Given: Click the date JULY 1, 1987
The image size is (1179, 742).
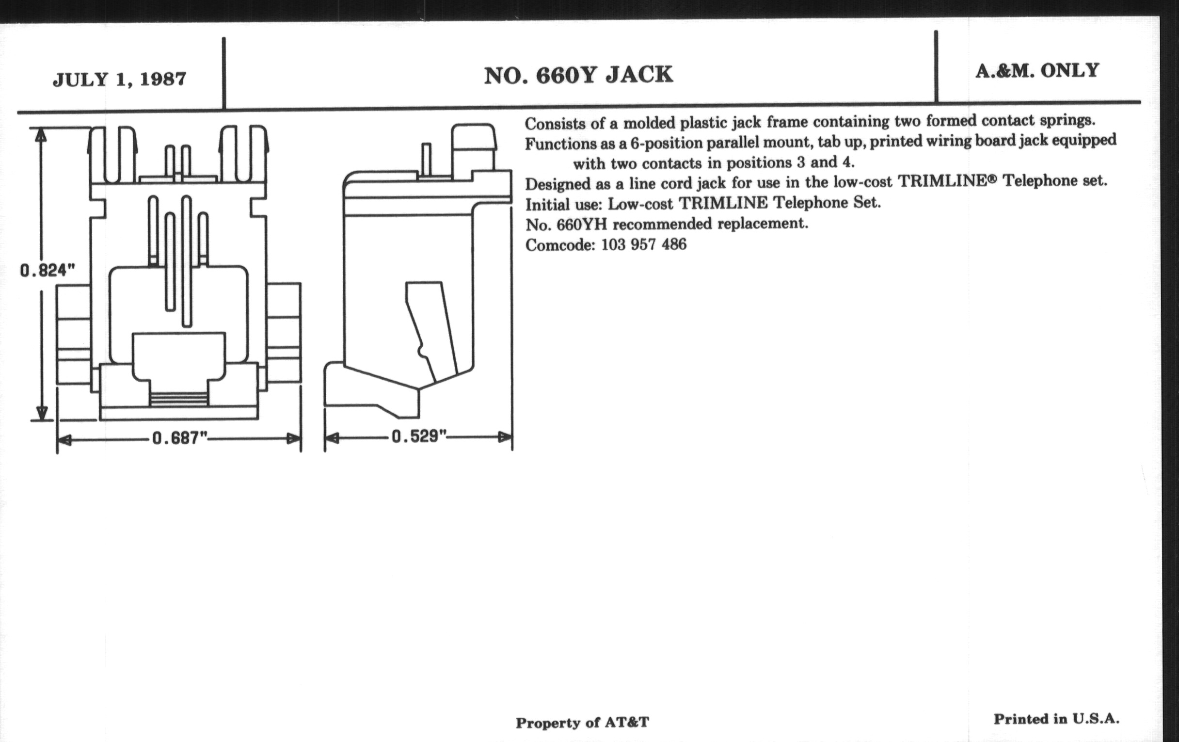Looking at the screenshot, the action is [x=119, y=80].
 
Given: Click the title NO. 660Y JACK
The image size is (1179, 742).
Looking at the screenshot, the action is [x=579, y=76].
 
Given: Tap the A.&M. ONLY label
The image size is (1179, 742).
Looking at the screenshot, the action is [x=1037, y=71].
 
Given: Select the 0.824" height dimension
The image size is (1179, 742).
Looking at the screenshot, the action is [x=48, y=270].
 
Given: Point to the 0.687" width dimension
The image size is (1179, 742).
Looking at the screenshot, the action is [x=180, y=437].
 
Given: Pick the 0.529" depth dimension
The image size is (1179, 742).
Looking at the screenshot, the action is [x=419, y=436].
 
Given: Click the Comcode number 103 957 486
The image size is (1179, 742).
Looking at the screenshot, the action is [x=643, y=244].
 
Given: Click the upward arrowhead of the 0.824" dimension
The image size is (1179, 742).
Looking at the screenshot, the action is [x=41, y=135].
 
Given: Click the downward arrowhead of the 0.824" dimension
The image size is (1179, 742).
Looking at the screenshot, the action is [x=42, y=413].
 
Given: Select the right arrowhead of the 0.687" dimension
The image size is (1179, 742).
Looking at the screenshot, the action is [x=294, y=438].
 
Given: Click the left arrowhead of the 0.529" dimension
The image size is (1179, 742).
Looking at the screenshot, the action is [x=332, y=437].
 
